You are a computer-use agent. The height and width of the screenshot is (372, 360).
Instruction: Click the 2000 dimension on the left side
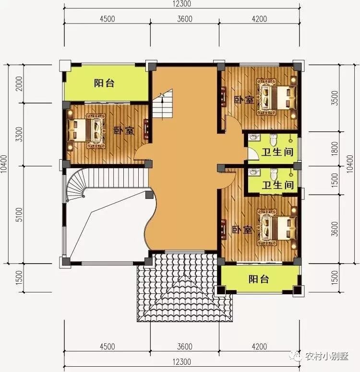point(19,83)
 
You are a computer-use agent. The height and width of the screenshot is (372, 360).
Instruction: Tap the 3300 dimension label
point(19,134)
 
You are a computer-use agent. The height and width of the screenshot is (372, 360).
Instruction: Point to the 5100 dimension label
point(19,214)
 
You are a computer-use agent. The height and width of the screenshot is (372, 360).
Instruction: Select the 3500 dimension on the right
point(335,98)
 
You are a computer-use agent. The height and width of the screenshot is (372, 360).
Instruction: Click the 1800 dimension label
point(335,149)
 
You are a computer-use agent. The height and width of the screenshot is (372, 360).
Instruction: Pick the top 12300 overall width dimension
point(181,4)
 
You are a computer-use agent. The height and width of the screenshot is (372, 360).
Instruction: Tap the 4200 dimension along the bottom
point(259,347)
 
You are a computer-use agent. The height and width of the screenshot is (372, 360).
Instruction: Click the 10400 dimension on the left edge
point(4,164)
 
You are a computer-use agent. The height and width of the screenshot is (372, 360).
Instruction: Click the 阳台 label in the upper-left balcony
point(104,83)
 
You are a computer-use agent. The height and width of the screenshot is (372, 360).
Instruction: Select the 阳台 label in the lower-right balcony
point(259,279)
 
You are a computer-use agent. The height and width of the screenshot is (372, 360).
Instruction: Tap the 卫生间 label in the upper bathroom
point(277,152)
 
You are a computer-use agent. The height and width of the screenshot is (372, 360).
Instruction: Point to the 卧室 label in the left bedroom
point(124,131)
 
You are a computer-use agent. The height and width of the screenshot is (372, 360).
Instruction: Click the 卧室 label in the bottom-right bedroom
point(242,230)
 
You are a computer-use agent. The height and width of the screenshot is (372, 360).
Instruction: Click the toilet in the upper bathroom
point(274,139)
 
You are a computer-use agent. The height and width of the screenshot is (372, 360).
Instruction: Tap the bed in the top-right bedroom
point(276,97)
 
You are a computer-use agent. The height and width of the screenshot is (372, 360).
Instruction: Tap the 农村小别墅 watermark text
point(327,356)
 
